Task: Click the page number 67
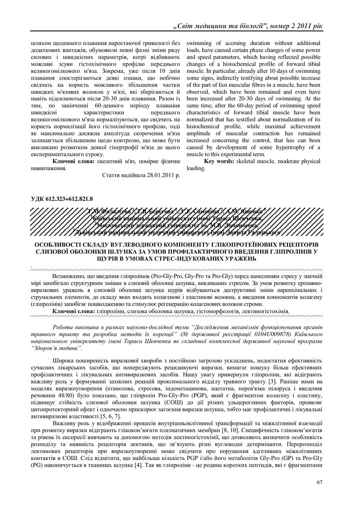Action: pyautogui.click(x=319, y=482)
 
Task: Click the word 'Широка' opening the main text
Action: pyautogui.click(x=64, y=361)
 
